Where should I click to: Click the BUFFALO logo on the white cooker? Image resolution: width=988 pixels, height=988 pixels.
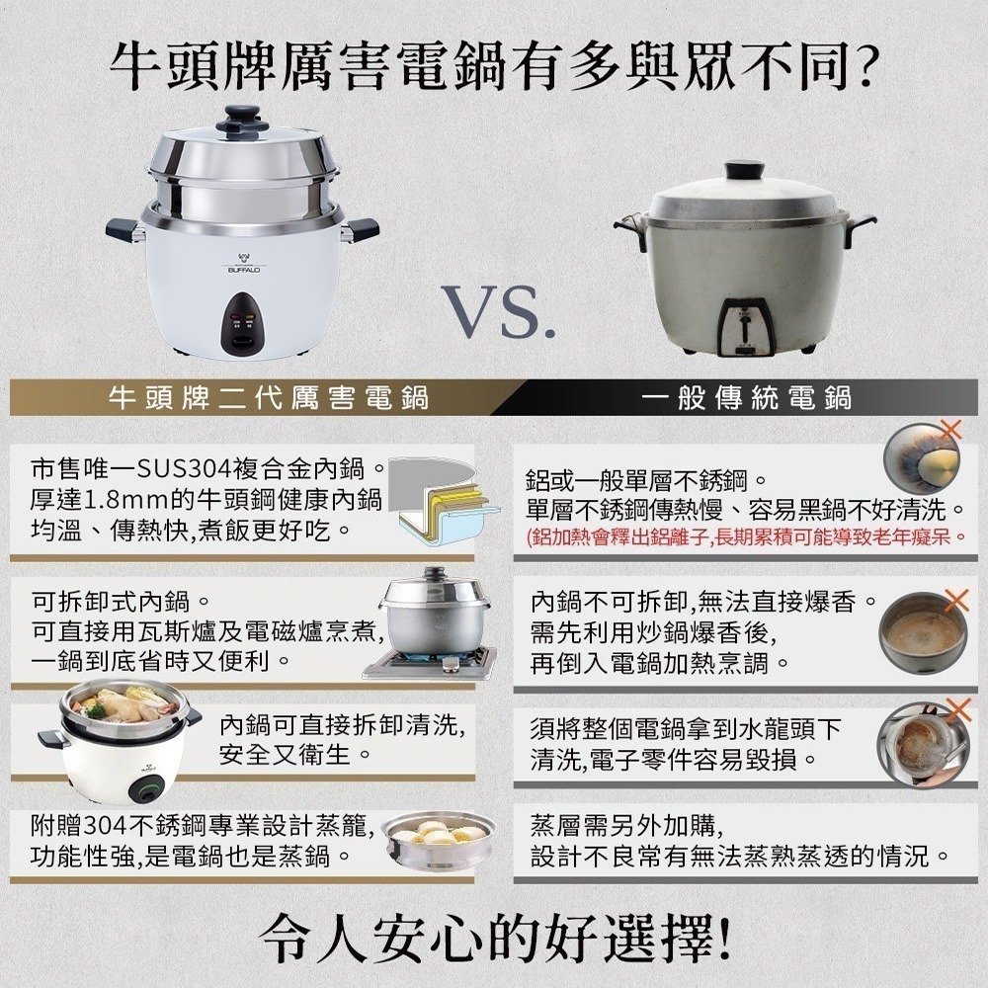pyautogui.click(x=243, y=264)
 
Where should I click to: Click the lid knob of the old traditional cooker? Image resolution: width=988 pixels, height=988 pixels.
pyautogui.click(x=744, y=170)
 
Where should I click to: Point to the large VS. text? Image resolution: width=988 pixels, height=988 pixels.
pyautogui.click(x=498, y=312)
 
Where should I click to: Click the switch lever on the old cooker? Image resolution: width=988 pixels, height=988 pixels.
pyautogui.click(x=745, y=327)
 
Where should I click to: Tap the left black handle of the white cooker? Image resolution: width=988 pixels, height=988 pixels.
pyautogui.click(x=125, y=229)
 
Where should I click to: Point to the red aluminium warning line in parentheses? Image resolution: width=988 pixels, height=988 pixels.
pyautogui.click(x=746, y=537)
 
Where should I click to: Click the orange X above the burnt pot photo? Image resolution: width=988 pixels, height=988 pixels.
pyautogui.click(x=950, y=430)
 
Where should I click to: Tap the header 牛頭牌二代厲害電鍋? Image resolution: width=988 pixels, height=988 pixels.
pyautogui.click(x=269, y=398)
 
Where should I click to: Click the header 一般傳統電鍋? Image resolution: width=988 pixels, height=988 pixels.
pyautogui.click(x=747, y=398)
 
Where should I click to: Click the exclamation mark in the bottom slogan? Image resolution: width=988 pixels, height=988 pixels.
pyautogui.click(x=723, y=939)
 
